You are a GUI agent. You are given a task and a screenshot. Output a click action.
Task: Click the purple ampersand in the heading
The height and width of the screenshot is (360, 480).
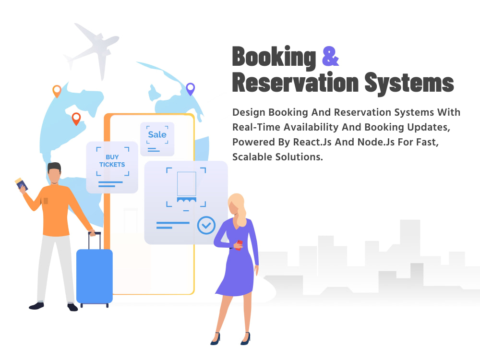click(x=331, y=56)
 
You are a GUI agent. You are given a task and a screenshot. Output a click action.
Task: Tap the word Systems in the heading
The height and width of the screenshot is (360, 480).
click(x=409, y=83)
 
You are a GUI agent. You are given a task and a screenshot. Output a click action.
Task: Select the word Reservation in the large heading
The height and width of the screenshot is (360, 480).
click(x=295, y=82)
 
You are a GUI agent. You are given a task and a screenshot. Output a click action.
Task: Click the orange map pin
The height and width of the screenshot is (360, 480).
click(x=57, y=91)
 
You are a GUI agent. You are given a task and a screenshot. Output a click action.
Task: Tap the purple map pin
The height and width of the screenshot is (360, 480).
click(x=191, y=89)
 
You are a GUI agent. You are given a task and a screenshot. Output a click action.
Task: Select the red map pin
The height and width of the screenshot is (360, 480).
click(x=76, y=119)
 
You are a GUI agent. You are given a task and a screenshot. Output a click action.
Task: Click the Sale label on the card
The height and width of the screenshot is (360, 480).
click(x=157, y=135)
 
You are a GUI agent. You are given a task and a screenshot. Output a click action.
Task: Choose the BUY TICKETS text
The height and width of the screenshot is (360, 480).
click(x=112, y=161)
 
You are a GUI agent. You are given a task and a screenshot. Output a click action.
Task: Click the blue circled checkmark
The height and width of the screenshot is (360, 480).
click(x=206, y=225)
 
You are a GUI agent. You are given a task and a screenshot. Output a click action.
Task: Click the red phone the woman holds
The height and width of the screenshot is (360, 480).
click(x=239, y=245)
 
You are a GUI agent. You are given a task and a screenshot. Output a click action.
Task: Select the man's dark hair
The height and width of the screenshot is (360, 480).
click(x=54, y=168)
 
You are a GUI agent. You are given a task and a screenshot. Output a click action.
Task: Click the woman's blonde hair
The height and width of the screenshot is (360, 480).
click(x=239, y=208)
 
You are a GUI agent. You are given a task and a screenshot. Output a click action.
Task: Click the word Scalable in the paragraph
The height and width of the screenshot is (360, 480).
click(x=252, y=157)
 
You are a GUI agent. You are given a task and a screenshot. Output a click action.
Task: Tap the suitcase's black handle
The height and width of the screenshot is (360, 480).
click(x=94, y=240)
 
